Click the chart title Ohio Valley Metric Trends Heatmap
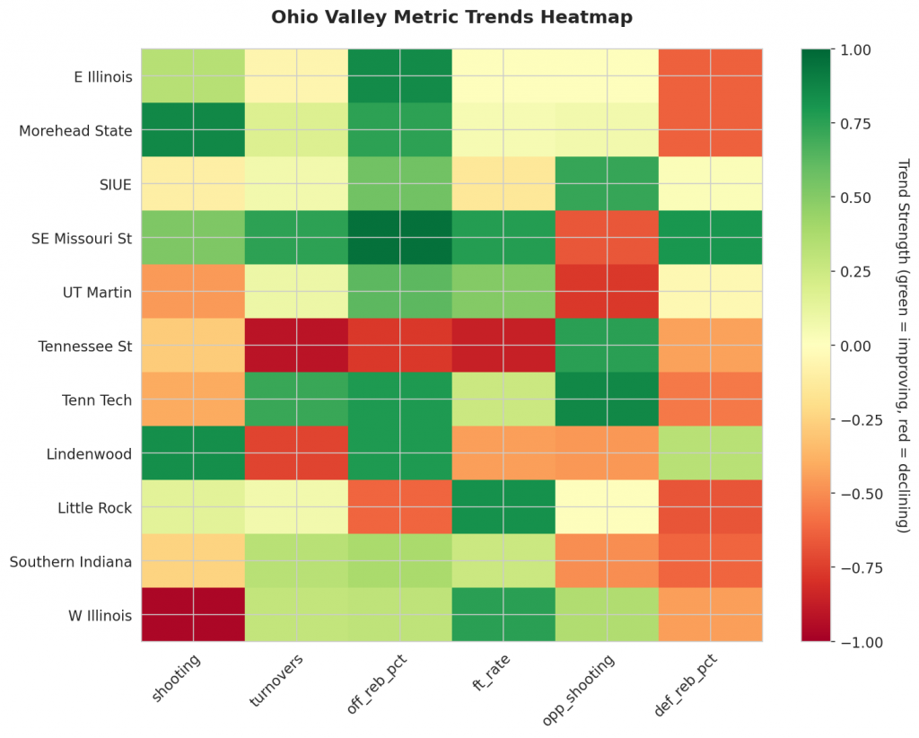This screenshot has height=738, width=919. pyautogui.click(x=451, y=17)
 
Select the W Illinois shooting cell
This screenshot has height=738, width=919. pyautogui.click(x=193, y=615)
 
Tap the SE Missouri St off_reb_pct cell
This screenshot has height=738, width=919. pyautogui.click(x=400, y=238)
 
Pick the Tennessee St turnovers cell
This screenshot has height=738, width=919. pyautogui.click(x=297, y=346)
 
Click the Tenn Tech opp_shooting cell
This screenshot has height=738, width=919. pyautogui.click(x=608, y=400)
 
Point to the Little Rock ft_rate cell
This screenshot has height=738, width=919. pyautogui.click(x=503, y=507)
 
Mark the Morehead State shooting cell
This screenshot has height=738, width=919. pyautogui.click(x=193, y=130)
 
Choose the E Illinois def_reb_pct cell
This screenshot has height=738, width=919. pyautogui.click(x=711, y=76)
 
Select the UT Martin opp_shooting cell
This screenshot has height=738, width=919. pyautogui.click(x=608, y=292)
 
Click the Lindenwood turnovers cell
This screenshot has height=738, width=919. pyautogui.click(x=297, y=453)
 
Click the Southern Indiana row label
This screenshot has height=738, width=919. pyautogui.click(x=71, y=561)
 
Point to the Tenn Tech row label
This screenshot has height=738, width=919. pyautogui.click(x=101, y=400)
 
